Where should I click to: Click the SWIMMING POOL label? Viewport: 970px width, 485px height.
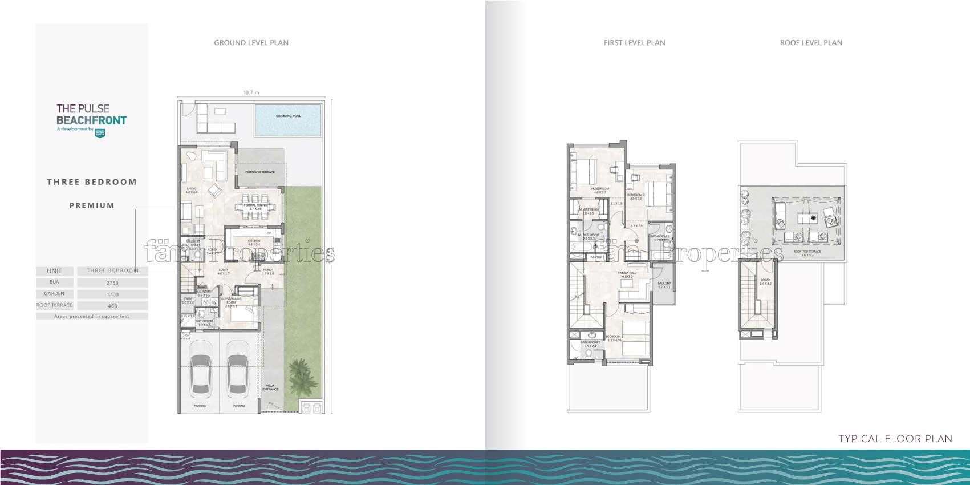[288, 116]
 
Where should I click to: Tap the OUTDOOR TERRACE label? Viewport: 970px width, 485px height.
[260, 172]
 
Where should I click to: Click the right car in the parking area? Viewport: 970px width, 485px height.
[238, 375]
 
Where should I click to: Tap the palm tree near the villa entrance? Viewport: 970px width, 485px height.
[300, 377]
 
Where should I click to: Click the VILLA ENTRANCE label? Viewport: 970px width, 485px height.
[270, 387]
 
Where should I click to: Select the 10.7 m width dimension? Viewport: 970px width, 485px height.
[251, 92]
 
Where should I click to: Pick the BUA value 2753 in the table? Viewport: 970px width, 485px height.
[112, 283]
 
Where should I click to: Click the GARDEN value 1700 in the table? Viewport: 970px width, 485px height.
[112, 294]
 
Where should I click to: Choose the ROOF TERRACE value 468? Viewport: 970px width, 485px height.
[112, 306]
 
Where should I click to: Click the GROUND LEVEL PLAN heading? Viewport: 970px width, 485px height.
[251, 43]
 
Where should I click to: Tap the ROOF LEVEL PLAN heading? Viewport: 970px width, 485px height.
[811, 43]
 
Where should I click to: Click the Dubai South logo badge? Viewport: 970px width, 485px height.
[100, 132]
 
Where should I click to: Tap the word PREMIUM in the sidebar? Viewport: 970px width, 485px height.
[92, 205]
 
